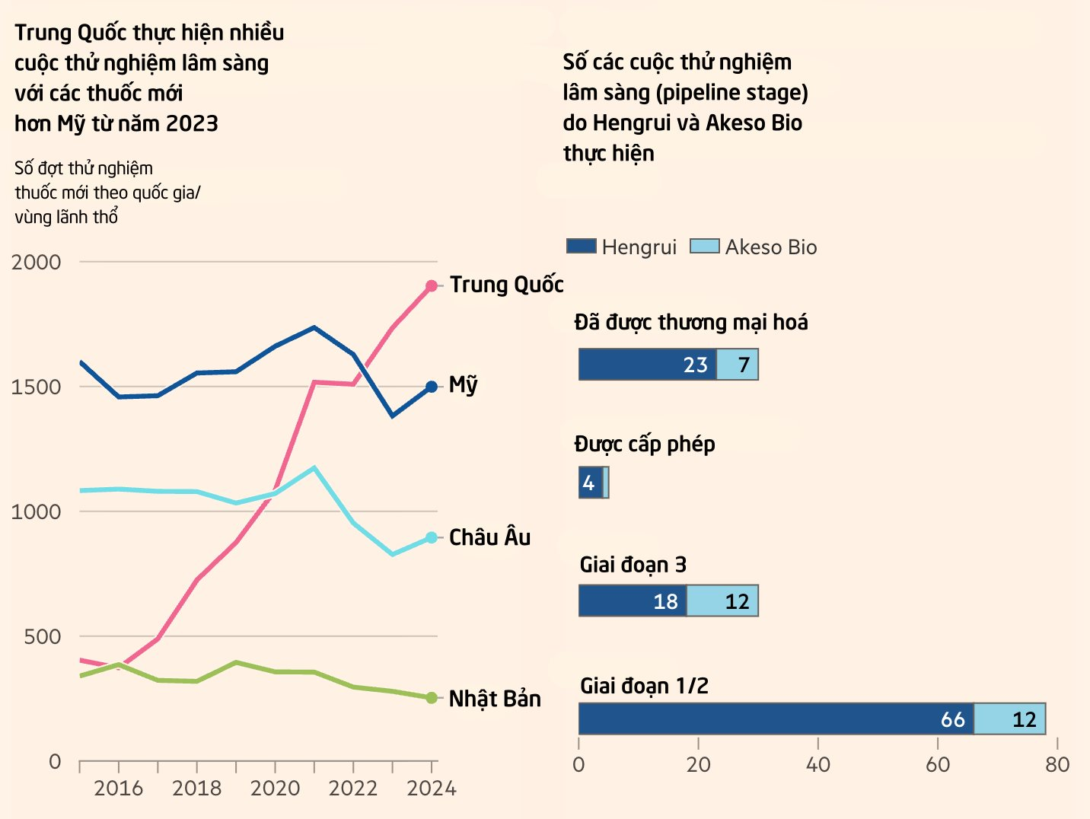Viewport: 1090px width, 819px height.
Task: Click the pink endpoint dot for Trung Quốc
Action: coord(432,286)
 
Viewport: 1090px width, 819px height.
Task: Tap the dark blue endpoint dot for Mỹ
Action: coord(432,387)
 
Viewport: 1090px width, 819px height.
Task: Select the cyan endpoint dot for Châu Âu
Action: coord(432,537)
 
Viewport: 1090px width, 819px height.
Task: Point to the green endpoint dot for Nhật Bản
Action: coord(432,698)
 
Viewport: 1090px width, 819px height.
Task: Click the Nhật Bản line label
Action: coord(495,699)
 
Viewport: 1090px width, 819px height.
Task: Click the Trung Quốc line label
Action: coord(506,285)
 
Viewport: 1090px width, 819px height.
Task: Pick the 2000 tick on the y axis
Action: coord(36,262)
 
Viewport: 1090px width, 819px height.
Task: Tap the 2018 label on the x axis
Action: coord(196,788)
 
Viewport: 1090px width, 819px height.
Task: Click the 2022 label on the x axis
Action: coord(353,788)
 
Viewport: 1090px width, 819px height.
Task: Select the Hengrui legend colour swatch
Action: coord(582,246)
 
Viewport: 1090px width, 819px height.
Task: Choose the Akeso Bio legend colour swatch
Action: coord(704,246)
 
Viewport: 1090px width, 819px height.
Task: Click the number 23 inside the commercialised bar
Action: coord(695,365)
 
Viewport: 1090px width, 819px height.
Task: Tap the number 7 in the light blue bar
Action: coord(744,365)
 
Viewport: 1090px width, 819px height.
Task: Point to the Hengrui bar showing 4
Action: coord(591,483)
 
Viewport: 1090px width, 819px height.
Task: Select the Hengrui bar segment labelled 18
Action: coord(633,601)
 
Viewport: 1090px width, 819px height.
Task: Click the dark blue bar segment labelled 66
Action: coord(776,719)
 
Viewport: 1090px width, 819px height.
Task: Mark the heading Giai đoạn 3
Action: coord(633,565)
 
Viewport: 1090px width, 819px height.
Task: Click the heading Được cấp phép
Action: coord(645,445)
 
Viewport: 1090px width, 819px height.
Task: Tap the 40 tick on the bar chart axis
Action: coord(817,764)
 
